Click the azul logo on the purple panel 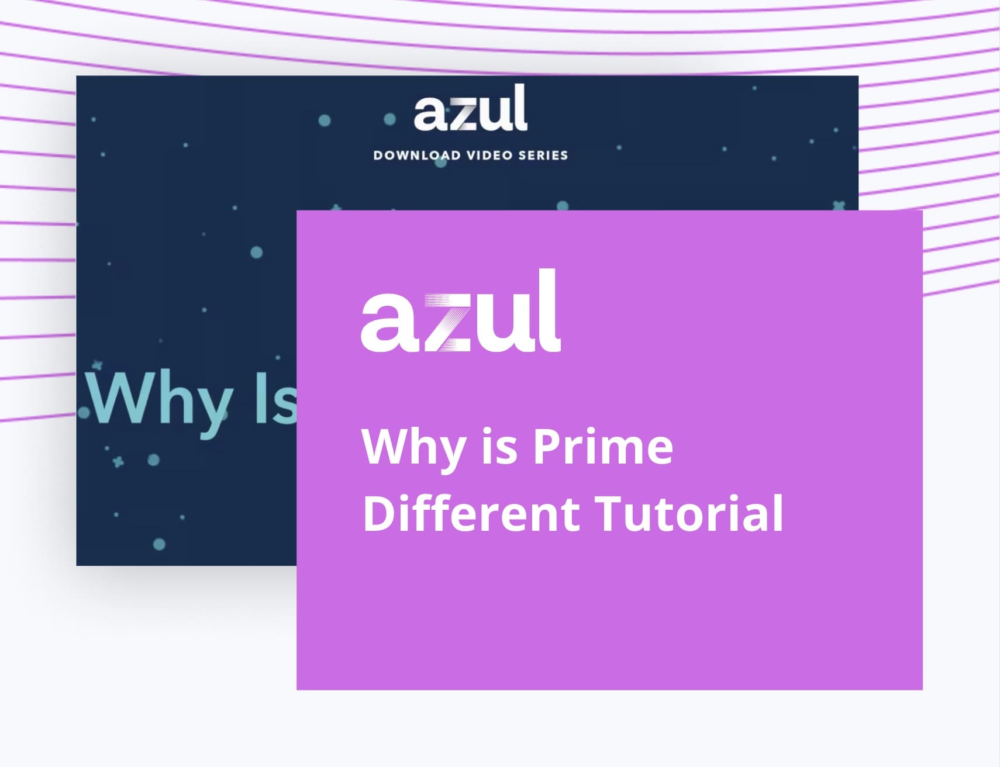[461, 310]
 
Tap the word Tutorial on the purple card [689, 513]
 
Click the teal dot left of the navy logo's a [389, 120]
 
